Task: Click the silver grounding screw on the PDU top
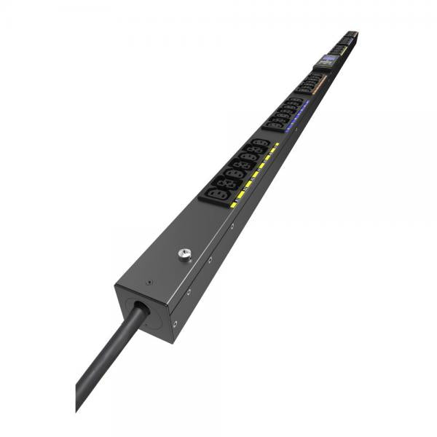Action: coord(184,253)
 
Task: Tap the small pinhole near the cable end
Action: coord(149,282)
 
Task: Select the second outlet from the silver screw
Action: coord(228,182)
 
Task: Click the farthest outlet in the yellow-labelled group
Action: coord(260,143)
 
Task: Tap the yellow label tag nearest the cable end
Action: coord(234,205)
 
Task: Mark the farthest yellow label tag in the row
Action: coord(277,145)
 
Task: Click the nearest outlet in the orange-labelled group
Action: coord(303,89)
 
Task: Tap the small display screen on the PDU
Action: coord(326,60)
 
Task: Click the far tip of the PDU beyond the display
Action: coord(353,34)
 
